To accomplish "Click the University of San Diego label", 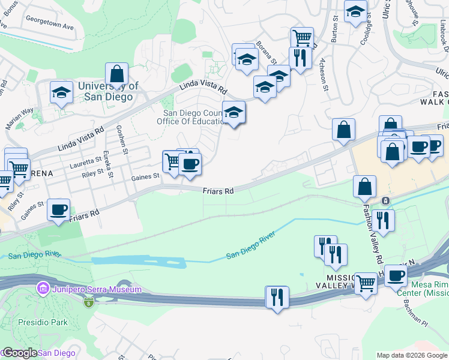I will coord(108,92).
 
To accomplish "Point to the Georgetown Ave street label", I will coord(49,27).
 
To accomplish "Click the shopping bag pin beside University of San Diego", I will coord(117,76).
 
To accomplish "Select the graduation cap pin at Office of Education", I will coord(234,112).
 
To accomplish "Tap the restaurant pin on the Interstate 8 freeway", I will coord(277,297).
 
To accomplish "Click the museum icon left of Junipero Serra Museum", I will coord(43,290).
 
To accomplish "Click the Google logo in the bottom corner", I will coord(20,353).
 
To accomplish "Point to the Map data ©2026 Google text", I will coord(412,355).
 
